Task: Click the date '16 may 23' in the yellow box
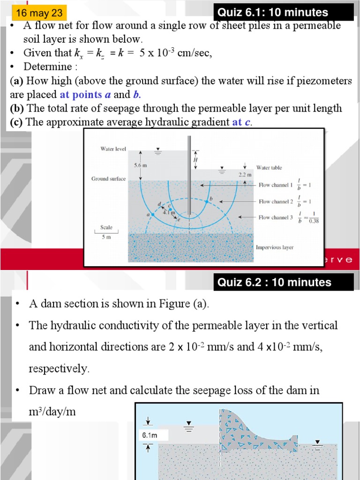tap(36, 13)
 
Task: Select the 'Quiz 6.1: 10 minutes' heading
tap(273, 13)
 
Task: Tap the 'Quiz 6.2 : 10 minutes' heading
tap(274, 282)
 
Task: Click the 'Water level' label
tap(113, 149)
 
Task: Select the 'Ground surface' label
tap(108, 179)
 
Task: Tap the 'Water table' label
tap(269, 167)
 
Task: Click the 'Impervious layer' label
tap(275, 247)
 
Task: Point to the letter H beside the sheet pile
tap(195, 160)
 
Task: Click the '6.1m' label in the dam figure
tap(149, 435)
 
